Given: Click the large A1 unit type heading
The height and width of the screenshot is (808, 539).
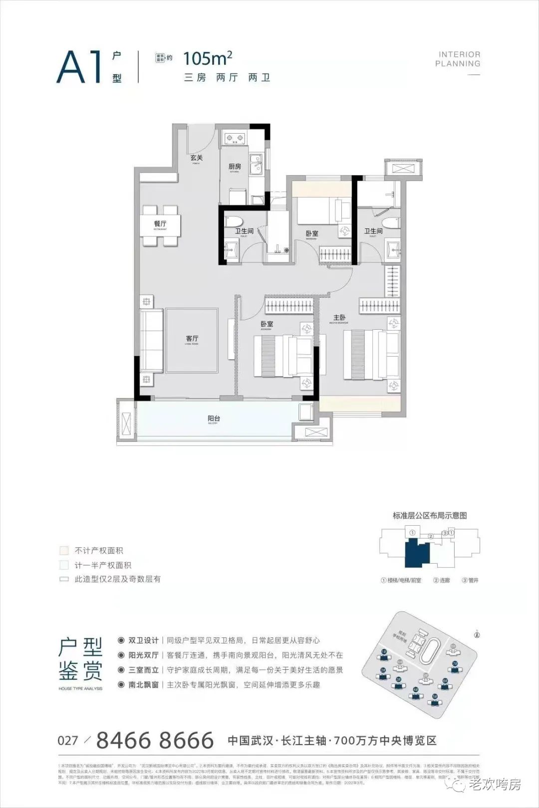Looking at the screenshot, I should click(x=80, y=67).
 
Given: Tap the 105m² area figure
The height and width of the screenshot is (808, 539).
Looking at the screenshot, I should click(x=208, y=59).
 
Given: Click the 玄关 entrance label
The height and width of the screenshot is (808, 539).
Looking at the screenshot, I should click(x=196, y=158).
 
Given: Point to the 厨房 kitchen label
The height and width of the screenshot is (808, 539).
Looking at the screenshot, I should click(x=235, y=167).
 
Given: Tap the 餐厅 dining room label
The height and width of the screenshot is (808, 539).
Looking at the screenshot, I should click(x=160, y=224).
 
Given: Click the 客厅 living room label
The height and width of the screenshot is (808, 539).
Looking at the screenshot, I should click(x=192, y=339).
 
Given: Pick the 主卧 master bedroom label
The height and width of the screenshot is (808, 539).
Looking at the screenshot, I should click(x=339, y=318).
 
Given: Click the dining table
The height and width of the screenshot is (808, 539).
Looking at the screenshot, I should click(x=160, y=225).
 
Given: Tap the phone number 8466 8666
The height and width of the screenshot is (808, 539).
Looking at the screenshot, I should click(x=155, y=741).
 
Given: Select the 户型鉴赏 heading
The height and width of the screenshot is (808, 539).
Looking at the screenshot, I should click(x=81, y=659).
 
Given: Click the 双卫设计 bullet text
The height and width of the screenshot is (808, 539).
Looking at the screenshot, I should click(x=143, y=640).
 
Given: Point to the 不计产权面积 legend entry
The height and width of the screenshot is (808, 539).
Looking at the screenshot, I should click(x=99, y=551).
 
